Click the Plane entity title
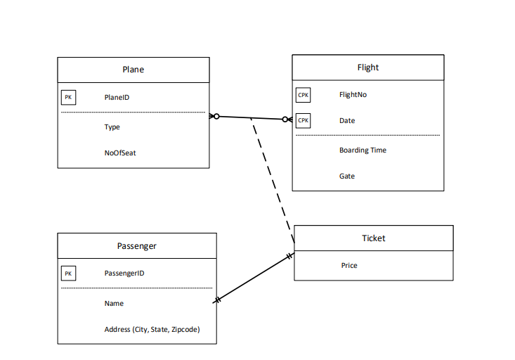[133, 70]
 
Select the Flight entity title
[367, 67]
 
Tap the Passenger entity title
[136, 246]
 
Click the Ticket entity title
[373, 238]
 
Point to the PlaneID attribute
[117, 98]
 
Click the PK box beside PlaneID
[68, 98]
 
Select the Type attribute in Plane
[112, 127]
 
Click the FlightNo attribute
[353, 95]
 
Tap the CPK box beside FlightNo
[303, 95]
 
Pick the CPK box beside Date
[303, 120]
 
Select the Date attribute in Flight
[347, 121]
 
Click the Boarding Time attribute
[363, 150]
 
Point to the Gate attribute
[347, 176]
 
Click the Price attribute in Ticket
[349, 266]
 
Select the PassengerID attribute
[124, 274]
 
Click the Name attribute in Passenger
[114, 304]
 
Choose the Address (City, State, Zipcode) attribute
[151, 329]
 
